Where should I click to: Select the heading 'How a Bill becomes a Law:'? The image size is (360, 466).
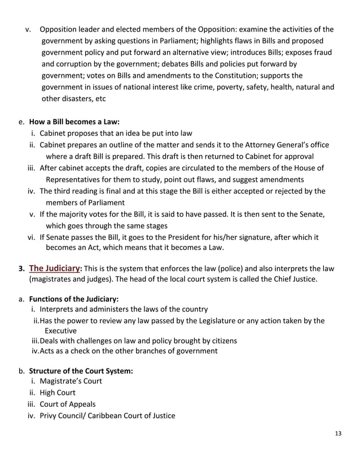[74, 121]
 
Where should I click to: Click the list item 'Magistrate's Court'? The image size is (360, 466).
[71, 381]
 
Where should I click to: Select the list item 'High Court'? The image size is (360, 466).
[58, 392]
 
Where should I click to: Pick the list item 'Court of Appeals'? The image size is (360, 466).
[68, 404]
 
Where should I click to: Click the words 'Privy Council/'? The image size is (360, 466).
[62, 416]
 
